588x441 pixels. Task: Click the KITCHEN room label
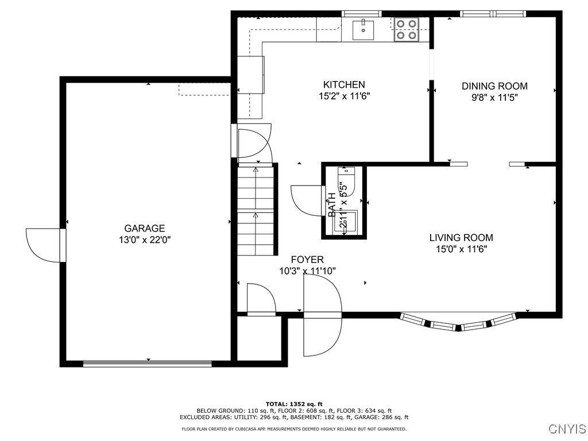[344, 84]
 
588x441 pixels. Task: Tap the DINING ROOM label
[494, 86]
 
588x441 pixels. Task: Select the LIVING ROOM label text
[461, 237]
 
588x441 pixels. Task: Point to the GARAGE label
[144, 229]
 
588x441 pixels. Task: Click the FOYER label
[307, 260]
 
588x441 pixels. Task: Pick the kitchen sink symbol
[363, 30]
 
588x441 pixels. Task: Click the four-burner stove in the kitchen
[407, 30]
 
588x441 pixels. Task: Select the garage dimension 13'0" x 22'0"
[145, 240]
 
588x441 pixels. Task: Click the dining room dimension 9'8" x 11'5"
[494, 98]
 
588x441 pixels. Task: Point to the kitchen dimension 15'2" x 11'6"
[345, 96]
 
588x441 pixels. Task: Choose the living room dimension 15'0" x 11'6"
[461, 249]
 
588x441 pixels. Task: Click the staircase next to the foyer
[256, 210]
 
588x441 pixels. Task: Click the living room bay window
[459, 322]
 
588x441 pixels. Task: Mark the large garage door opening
[148, 363]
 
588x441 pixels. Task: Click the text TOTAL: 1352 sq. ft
[294, 404]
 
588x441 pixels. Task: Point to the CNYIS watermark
[567, 428]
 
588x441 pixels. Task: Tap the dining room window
[493, 14]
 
